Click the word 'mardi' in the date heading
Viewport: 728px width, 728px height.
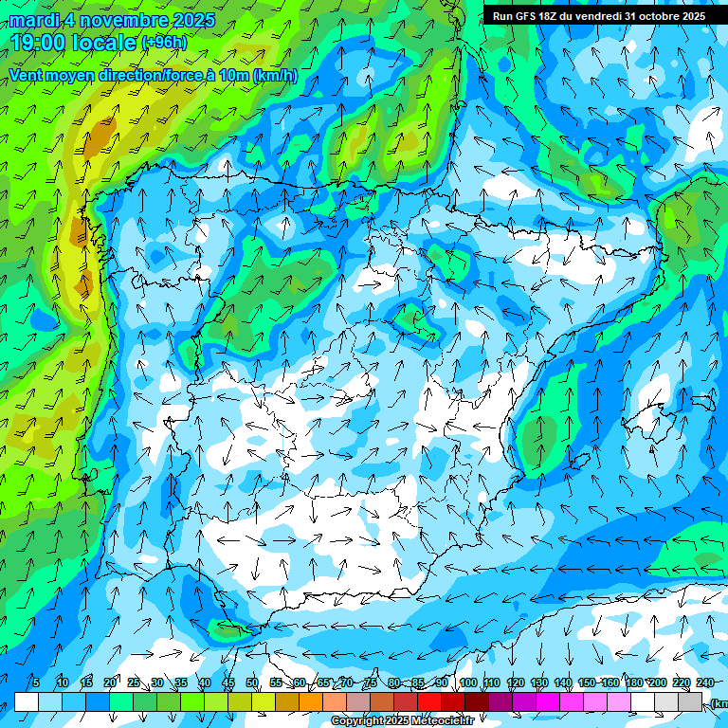pyautogui.click(x=33, y=20)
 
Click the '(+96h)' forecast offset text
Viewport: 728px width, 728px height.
pyautogui.click(x=164, y=43)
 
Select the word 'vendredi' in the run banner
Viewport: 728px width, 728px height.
pyautogui.click(x=599, y=16)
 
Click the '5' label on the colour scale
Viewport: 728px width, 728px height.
pyautogui.click(x=36, y=683)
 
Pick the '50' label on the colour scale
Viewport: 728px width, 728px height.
pyautogui.click(x=252, y=683)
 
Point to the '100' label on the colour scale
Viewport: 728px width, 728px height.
pyautogui.click(x=467, y=683)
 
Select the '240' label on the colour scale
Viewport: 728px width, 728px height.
pyautogui.click(x=704, y=683)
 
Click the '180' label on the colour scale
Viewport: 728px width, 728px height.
pyautogui.click(x=657, y=683)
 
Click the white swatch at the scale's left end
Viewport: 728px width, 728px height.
pyautogui.click(x=27, y=701)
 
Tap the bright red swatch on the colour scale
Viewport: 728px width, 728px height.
pyautogui.click(x=429, y=701)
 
